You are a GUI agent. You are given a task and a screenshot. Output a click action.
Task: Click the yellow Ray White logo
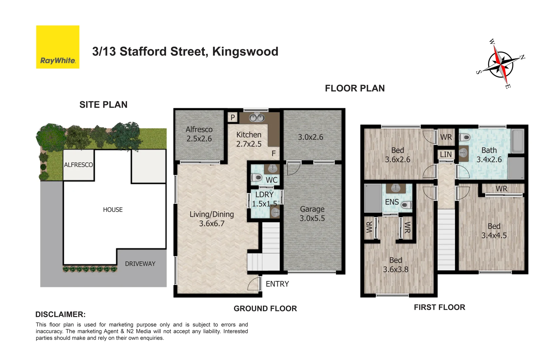coord(58,47)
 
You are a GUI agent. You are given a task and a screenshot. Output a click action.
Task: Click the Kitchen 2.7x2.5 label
coord(249,139)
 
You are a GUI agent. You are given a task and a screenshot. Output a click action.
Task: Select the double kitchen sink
coord(257,118)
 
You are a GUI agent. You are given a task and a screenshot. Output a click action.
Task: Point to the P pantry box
coord(233,117)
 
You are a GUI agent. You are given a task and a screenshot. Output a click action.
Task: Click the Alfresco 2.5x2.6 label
coord(199,134)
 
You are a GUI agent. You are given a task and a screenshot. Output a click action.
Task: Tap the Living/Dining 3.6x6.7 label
coord(212,219)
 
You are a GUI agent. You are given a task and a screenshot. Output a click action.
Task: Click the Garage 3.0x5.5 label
coord(312,214)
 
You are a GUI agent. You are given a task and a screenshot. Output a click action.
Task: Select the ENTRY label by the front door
coord(277,284)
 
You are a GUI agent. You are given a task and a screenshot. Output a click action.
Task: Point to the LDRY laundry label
coord(264,195)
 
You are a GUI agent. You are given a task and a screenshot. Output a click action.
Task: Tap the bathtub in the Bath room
coord(517,141)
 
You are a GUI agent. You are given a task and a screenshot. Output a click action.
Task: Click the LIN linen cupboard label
coord(446,155)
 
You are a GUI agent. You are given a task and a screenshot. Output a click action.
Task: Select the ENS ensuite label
coord(392,202)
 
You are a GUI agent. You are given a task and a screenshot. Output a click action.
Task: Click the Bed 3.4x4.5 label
coord(494,231)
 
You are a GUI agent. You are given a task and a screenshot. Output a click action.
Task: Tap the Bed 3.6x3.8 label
coord(395,265)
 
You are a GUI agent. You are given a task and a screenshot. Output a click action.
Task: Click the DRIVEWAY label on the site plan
coord(140,264)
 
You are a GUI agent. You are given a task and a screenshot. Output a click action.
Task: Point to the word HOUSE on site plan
coord(113,210)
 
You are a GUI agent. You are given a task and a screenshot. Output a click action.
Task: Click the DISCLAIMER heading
coord(60,314)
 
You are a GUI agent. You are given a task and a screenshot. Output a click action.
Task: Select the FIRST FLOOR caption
coord(439,307)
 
